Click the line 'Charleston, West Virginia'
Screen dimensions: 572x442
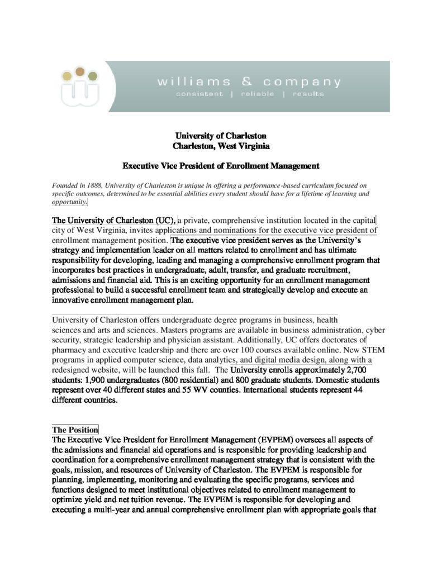pyautogui.click(x=221, y=146)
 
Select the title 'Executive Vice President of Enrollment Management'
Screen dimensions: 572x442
pyautogui.click(x=221, y=166)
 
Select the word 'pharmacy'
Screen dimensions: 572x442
pyautogui.click(x=70, y=350)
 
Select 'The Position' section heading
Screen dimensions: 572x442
pyautogui.click(x=75, y=430)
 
